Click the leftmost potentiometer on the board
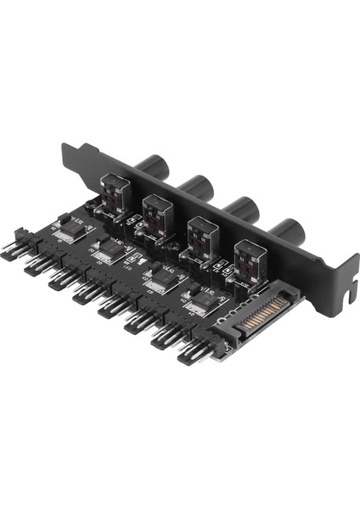tap(114, 197)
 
